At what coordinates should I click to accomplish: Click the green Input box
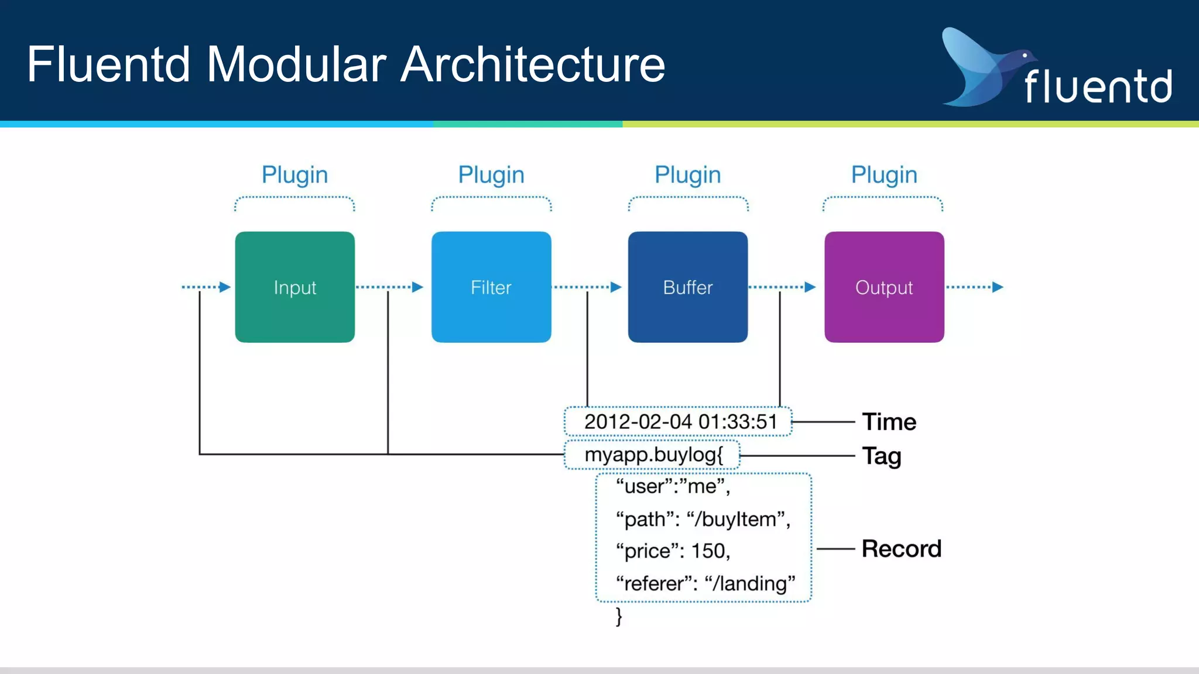pos(294,287)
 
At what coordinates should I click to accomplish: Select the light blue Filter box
pos(491,287)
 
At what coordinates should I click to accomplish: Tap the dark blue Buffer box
pos(687,287)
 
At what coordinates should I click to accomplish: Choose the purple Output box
pos(884,287)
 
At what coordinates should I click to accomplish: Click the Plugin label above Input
pos(294,175)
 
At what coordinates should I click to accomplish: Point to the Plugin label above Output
pos(884,175)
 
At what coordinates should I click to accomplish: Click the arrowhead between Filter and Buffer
pos(615,287)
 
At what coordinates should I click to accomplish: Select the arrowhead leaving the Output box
pos(998,287)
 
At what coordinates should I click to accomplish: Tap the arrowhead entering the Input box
pos(225,287)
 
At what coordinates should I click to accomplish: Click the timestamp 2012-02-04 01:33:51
pos(680,422)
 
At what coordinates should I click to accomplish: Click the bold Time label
pos(889,422)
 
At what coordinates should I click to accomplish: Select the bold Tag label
pos(881,456)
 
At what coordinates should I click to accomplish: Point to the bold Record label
pos(901,549)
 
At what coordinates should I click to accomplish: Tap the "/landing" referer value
pos(751,583)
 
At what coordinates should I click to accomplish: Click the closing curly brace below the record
pos(619,616)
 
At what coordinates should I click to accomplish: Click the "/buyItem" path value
pos(738,519)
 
